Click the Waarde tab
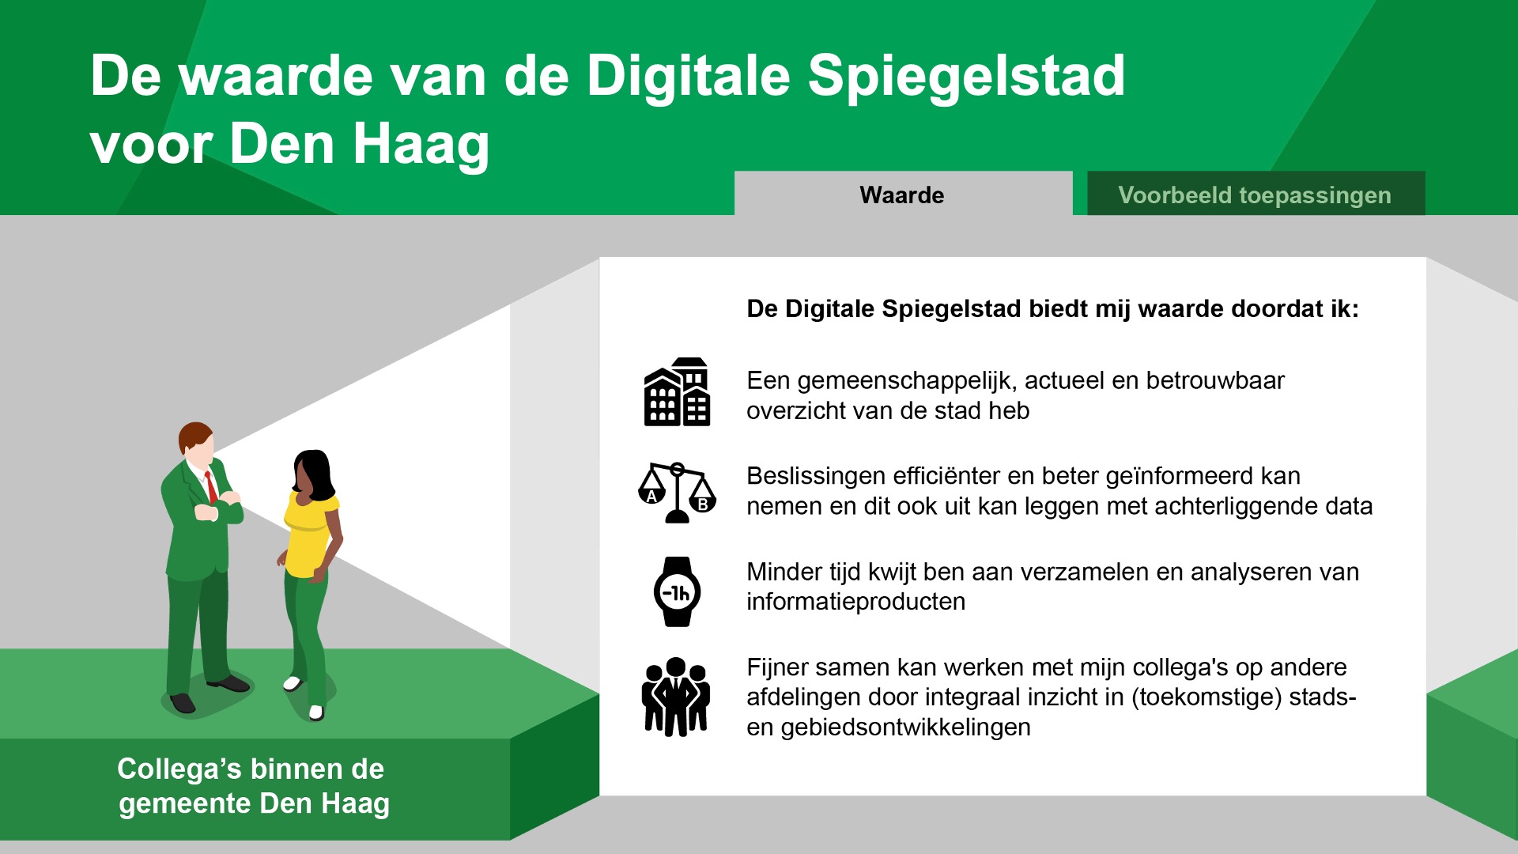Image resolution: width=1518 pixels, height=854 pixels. [x=903, y=194]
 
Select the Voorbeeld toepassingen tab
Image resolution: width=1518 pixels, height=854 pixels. [x=1256, y=194]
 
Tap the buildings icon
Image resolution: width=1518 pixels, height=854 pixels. [x=677, y=392]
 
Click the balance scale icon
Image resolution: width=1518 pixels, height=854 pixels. [x=677, y=493]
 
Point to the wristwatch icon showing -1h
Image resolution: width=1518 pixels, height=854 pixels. [x=677, y=591]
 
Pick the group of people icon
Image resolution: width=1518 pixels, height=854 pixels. [x=676, y=697]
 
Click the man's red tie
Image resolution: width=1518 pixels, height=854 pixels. [x=211, y=486]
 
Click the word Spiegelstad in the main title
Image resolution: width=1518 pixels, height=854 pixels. [x=966, y=77]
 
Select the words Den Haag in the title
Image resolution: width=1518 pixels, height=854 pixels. [x=360, y=145]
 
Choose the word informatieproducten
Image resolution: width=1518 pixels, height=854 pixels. [x=856, y=602]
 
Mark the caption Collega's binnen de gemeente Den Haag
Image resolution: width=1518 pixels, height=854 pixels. [x=253, y=786]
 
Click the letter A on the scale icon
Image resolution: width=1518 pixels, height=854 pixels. [x=651, y=497]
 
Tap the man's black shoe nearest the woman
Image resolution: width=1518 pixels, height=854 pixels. [x=229, y=683]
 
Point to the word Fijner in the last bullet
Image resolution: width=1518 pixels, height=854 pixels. [x=778, y=668]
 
